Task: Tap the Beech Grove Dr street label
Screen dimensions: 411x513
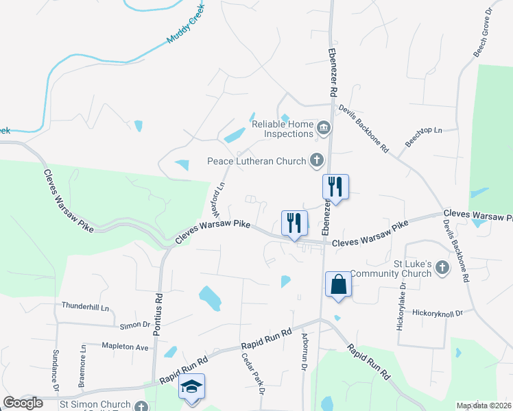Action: [484, 32]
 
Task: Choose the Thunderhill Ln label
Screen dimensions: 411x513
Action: [86, 307]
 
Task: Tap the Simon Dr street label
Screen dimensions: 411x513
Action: [134, 325]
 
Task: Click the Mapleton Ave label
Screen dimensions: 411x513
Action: [125, 347]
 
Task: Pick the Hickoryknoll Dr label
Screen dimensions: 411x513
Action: [438, 312]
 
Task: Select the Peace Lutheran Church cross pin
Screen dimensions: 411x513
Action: [316, 161]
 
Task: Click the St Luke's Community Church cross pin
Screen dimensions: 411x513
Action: [442, 266]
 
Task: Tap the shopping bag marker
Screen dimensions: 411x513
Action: [339, 284]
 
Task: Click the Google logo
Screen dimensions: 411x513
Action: [23, 403]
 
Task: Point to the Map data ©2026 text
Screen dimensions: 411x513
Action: [483, 406]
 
